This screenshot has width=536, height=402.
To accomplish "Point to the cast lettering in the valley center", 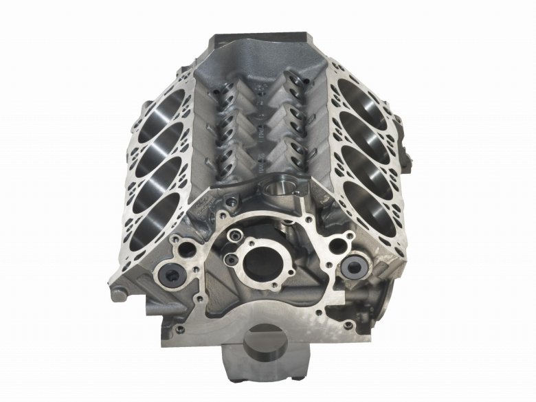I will coord(262,131).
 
